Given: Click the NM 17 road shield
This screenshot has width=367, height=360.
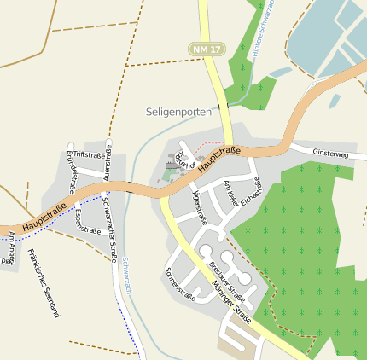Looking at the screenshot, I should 207,50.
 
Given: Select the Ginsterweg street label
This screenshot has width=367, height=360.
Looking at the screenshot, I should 330,154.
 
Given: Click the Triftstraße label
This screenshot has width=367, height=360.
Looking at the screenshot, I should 89,154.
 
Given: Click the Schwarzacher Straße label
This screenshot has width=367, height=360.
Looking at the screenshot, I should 109,228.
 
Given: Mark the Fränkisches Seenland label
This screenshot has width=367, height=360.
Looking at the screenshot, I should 44,282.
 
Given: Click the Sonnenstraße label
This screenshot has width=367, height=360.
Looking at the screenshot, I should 179,284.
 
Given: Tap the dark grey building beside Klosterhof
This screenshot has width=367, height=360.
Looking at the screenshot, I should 171,166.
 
